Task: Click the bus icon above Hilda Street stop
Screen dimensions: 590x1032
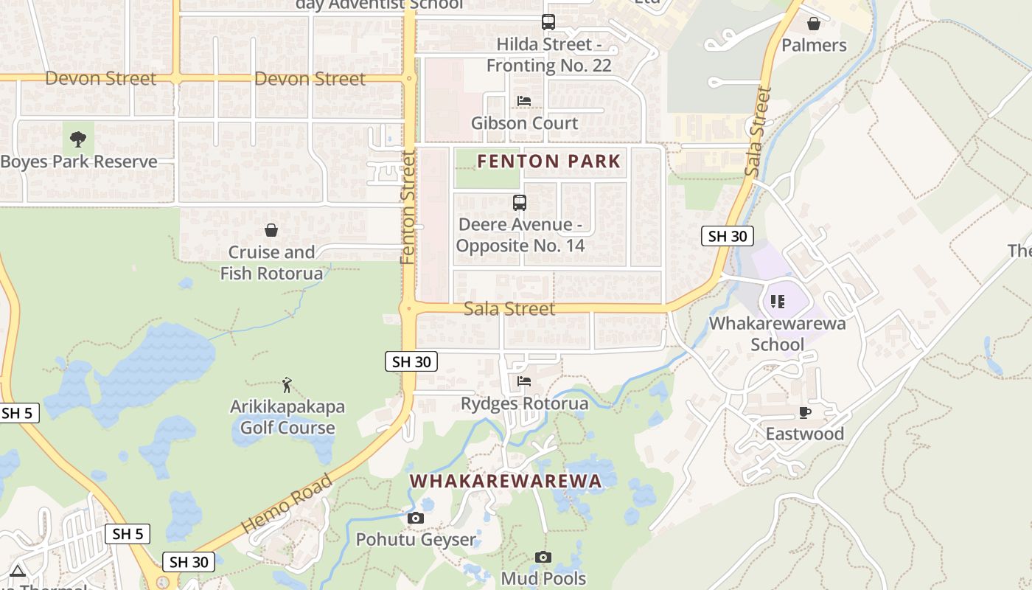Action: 548,22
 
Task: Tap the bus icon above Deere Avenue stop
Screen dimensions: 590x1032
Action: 520,202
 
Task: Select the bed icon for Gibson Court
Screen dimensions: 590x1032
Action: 524,100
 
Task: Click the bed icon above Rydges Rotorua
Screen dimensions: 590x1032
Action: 524,381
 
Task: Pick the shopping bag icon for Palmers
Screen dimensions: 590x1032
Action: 814,24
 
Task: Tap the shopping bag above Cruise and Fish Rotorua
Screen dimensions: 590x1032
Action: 271,230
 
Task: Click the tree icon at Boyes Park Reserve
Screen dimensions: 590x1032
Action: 77,139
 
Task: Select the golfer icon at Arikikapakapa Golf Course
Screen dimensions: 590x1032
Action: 287,384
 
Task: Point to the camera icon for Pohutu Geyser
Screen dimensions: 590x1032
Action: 416,518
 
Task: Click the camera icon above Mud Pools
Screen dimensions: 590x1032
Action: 543,557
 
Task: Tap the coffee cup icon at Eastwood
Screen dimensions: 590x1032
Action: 804,412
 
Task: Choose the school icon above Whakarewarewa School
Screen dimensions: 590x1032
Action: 777,301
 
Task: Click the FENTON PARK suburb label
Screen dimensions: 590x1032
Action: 549,161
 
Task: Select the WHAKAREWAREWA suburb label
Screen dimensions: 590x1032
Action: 506,481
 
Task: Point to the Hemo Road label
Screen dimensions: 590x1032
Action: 287,504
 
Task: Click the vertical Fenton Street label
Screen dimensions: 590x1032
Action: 408,208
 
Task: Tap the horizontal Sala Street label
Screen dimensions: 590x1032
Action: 509,308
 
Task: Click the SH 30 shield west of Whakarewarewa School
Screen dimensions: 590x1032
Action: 728,236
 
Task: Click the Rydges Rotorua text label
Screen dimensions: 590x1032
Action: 524,403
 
